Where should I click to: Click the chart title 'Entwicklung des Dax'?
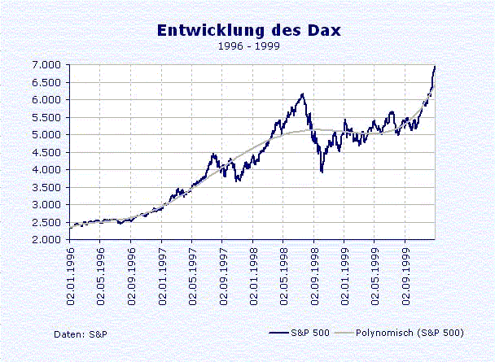point(250,30)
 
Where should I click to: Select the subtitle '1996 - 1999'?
point(248,47)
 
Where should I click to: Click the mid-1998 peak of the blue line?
point(302,94)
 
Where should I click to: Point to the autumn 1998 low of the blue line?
point(322,171)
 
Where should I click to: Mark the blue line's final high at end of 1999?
point(435,66)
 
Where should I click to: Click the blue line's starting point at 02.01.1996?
point(70,227)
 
